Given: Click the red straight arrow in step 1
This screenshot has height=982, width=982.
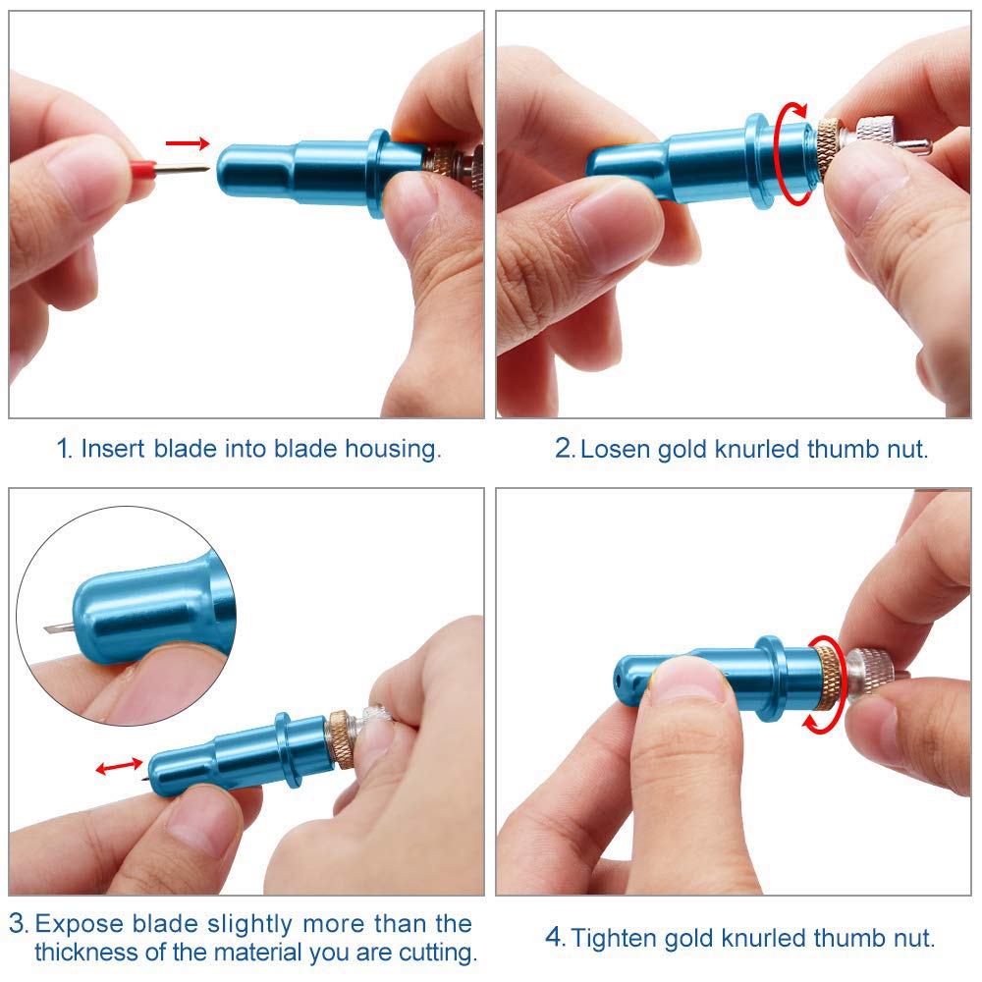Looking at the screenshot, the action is [x=188, y=143].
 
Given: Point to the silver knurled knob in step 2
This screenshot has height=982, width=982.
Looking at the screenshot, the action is [x=876, y=135].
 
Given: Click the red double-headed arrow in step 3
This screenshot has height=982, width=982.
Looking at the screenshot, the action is [x=119, y=766].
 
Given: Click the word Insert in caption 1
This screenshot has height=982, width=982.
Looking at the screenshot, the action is [x=113, y=449].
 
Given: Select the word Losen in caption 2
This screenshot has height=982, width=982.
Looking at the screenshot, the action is [x=615, y=449].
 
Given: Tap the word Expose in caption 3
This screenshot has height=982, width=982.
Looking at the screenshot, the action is [x=79, y=924].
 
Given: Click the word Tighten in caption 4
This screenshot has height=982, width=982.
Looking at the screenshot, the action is [x=617, y=939].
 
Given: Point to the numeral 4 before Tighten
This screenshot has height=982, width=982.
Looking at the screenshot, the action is [x=554, y=938].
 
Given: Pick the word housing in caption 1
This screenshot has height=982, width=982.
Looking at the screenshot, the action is [x=393, y=449].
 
